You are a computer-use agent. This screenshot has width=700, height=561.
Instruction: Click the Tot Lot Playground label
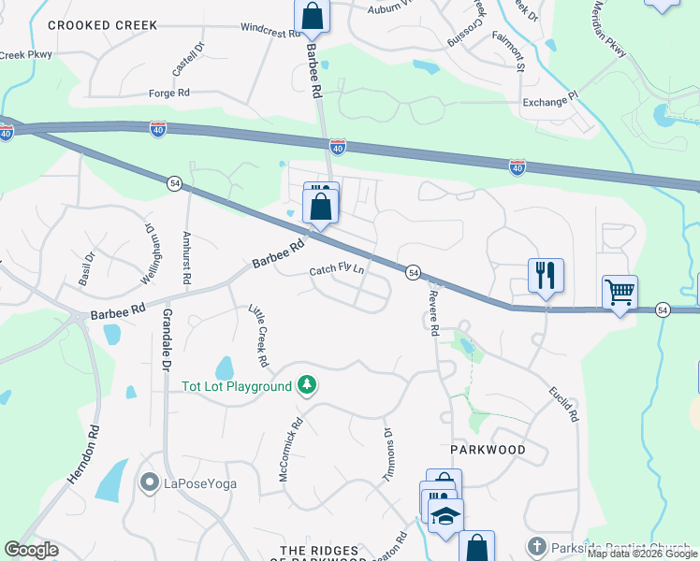click(237, 385)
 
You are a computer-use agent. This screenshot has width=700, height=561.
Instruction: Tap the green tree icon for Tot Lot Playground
click(306, 384)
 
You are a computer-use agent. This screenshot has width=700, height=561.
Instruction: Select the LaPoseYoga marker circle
click(149, 483)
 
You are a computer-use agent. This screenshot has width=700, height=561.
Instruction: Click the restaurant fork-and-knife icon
click(546, 275)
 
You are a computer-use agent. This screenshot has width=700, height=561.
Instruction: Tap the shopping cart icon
click(620, 292)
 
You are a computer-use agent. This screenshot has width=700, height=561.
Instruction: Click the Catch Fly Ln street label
click(337, 271)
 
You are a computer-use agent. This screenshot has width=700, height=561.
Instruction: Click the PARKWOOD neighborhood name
click(487, 450)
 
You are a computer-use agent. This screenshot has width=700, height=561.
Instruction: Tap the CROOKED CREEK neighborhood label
click(103, 25)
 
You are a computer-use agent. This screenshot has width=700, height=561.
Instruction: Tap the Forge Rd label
click(169, 93)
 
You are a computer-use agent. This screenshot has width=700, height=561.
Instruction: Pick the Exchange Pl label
click(551, 102)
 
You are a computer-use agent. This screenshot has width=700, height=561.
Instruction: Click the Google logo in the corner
click(31, 550)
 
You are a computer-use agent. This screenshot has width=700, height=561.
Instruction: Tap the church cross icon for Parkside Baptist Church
click(536, 546)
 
